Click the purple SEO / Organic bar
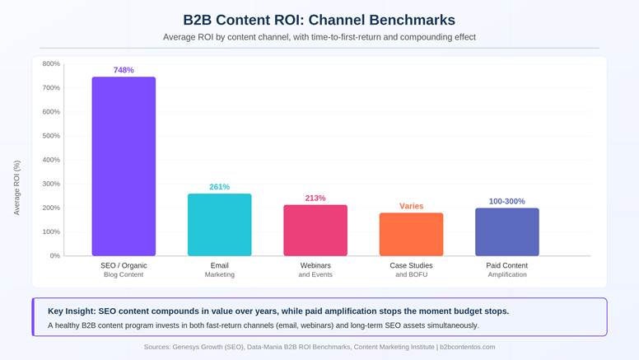(x=124, y=166)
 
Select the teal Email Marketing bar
(x=219, y=225)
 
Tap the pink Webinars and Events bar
(x=315, y=231)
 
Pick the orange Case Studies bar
(x=411, y=235)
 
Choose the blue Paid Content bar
(x=506, y=232)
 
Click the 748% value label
(x=124, y=70)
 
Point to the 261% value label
(x=219, y=187)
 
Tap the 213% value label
(x=315, y=199)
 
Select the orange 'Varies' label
(x=411, y=206)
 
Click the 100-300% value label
(x=506, y=201)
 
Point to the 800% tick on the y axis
(x=51, y=63)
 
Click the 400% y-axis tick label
(x=51, y=160)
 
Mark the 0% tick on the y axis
(x=54, y=255)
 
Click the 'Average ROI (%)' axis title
(x=16, y=188)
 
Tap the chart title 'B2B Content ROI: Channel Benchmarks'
(x=319, y=19)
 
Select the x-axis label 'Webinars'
(x=315, y=265)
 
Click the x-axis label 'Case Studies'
(x=411, y=265)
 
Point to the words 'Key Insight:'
(x=72, y=311)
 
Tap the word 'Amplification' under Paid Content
(x=506, y=274)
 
